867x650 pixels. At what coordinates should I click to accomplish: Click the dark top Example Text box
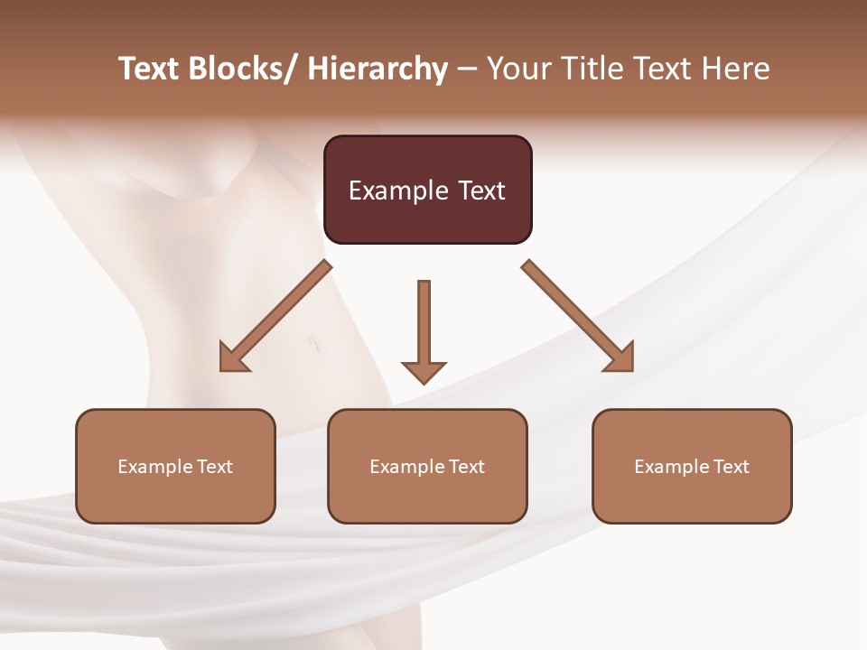(x=427, y=190)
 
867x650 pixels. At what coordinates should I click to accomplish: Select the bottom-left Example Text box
(x=175, y=466)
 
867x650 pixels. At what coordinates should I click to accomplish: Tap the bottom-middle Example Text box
(x=427, y=466)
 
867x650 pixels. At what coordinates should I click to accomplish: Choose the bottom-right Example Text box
(x=692, y=466)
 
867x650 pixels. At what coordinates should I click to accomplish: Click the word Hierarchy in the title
(x=378, y=69)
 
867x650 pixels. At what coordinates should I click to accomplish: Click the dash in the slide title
(x=467, y=70)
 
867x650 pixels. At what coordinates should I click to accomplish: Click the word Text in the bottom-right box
(x=731, y=467)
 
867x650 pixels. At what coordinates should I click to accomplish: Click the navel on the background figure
(x=315, y=343)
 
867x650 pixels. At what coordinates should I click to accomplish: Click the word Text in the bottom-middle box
(x=466, y=467)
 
